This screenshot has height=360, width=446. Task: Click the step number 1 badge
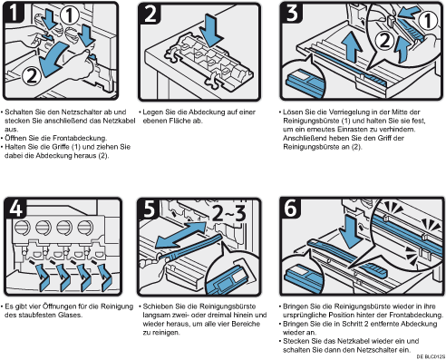(x=14, y=12)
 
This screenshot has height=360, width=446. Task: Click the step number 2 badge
(x=149, y=14)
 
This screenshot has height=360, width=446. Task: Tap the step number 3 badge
(x=291, y=12)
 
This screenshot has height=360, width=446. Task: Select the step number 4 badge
(x=15, y=208)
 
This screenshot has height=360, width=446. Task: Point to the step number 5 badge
(x=149, y=209)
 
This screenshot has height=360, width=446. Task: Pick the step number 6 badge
(x=291, y=208)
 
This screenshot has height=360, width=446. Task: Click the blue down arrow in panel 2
(x=213, y=30)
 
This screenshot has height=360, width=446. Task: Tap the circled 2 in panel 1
(x=32, y=76)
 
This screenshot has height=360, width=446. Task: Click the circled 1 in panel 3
(x=427, y=21)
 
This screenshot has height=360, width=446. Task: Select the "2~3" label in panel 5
(x=228, y=213)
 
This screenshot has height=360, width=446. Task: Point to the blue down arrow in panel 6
(x=351, y=232)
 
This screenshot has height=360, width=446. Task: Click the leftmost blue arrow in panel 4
(x=43, y=277)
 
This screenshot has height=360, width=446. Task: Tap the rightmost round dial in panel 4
(x=85, y=228)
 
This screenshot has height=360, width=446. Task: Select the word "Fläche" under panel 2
(x=179, y=121)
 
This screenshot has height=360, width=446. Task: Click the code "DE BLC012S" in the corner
(x=431, y=356)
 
